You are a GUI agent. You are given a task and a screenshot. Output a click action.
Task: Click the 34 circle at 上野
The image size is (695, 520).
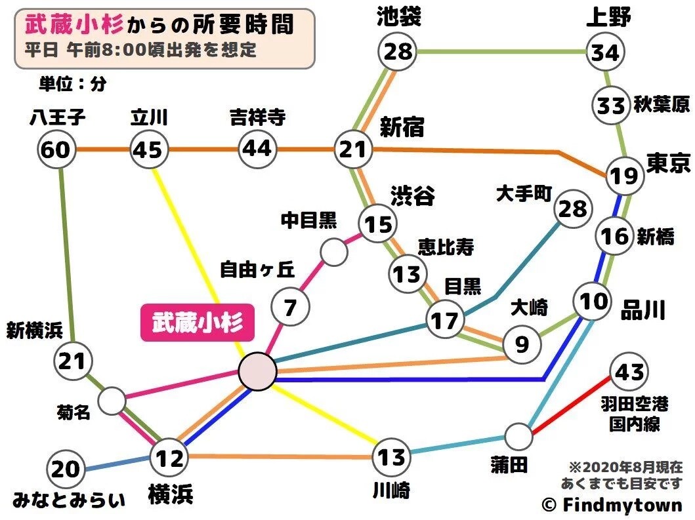[604, 52]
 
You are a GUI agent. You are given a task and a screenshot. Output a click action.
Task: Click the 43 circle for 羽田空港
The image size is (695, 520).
[628, 372]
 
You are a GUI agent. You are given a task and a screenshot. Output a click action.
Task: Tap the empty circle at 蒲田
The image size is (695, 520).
[519, 436]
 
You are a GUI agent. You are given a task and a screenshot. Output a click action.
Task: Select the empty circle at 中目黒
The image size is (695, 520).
[333, 252]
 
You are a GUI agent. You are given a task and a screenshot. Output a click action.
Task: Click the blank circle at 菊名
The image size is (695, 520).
[112, 399]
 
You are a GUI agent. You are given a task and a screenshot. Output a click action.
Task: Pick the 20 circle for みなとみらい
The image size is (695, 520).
[66, 470]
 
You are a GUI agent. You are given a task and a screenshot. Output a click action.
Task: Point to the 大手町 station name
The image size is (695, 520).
[526, 194]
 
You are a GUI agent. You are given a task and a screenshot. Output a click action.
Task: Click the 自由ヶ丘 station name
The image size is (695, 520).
[257, 270]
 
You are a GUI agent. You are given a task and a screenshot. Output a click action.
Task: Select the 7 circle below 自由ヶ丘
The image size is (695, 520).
[291, 306]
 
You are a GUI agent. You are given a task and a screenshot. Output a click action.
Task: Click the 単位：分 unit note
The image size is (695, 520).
[72, 84]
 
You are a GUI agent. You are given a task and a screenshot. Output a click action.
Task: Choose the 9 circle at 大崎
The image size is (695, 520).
[522, 343]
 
